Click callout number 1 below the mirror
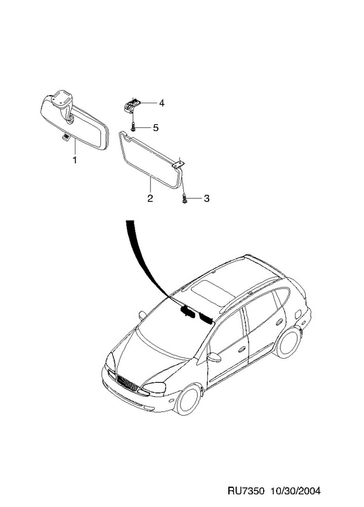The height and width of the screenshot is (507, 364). click(75, 160)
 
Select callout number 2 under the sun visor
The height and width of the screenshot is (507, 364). click(150, 198)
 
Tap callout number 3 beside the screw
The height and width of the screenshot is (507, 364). click(207, 198)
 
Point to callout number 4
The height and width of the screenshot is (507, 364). click(162, 103)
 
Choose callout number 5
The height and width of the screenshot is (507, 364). click(155, 128)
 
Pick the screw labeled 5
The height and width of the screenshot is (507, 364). click(133, 126)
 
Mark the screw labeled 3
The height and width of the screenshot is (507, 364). click(185, 199)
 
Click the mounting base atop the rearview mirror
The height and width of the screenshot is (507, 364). click(62, 98)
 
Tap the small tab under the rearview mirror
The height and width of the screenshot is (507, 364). click(66, 138)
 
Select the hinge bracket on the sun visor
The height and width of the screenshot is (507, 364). click(179, 165)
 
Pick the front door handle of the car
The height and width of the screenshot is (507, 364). click(242, 350)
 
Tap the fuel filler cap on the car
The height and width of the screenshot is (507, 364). click(298, 314)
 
